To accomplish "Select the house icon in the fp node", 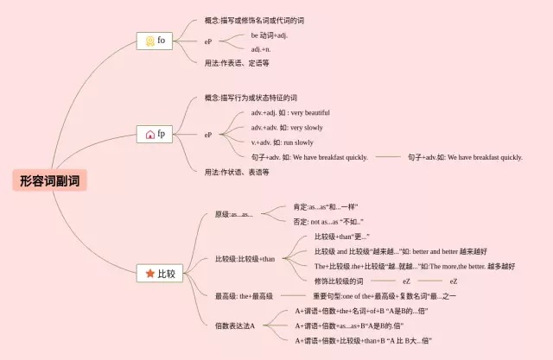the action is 149,135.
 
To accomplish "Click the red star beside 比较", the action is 149,274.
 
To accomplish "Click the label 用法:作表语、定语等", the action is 237,63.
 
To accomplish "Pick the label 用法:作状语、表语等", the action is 237,172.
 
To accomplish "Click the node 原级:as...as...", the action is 233,214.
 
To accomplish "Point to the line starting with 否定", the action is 327,222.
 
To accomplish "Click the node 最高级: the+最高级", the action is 244,296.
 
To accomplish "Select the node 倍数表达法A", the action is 235,325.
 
